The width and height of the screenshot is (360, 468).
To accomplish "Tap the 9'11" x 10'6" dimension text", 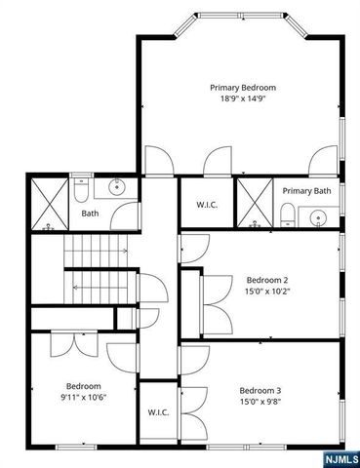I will [84, 398].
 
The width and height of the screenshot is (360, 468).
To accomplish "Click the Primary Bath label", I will [307, 191].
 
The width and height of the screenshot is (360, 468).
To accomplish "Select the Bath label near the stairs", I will [90, 213].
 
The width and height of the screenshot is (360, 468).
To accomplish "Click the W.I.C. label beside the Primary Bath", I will [206, 204].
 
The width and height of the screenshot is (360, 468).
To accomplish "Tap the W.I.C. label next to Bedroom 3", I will [159, 412].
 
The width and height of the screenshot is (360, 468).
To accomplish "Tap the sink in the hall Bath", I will [118, 187].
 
